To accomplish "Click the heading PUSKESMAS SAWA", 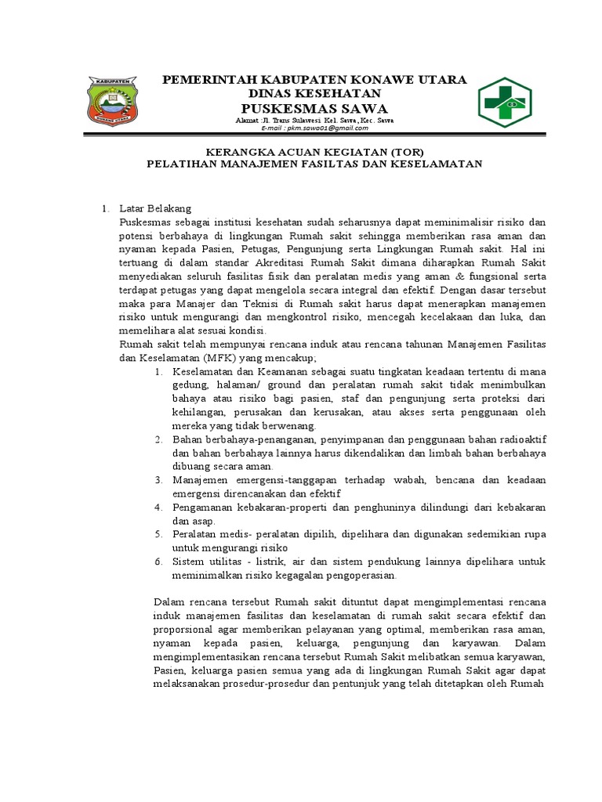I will tap(314, 107).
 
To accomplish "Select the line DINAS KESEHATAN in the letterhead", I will tap(314, 93).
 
